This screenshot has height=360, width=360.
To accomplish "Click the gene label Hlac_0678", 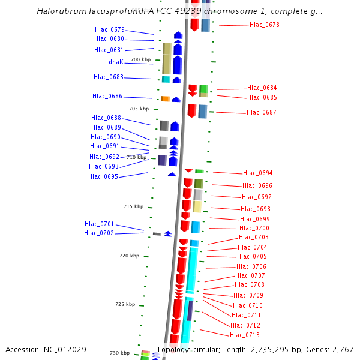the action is click(x=264, y=25).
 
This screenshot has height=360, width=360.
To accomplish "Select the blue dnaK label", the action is click(x=116, y=62).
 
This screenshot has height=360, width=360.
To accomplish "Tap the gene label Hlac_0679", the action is click(x=109, y=29).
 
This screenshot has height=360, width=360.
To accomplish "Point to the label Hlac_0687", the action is click(x=262, y=112).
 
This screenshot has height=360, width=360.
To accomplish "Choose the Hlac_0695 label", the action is click(x=103, y=176).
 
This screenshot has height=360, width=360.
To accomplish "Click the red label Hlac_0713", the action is click(x=245, y=335).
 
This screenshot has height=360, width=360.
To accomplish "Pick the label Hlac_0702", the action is click(x=99, y=233).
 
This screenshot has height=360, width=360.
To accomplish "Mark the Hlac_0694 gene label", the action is click(x=258, y=173).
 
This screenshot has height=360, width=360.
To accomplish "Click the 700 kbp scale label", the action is click(x=140, y=59).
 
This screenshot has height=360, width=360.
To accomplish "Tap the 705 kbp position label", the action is click(x=139, y=109).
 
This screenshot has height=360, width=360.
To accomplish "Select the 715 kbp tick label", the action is click(x=133, y=206).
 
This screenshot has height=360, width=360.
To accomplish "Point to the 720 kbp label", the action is click(x=129, y=256).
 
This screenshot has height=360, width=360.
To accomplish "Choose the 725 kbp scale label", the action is click(x=125, y=304).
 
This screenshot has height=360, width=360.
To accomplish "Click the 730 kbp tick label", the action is click(x=119, y=353).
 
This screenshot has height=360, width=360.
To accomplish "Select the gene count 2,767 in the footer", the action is click(x=343, y=350).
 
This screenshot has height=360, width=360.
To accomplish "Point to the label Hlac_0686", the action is click(x=107, y=96).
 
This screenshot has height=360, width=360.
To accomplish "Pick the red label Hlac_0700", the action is click(x=254, y=228).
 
